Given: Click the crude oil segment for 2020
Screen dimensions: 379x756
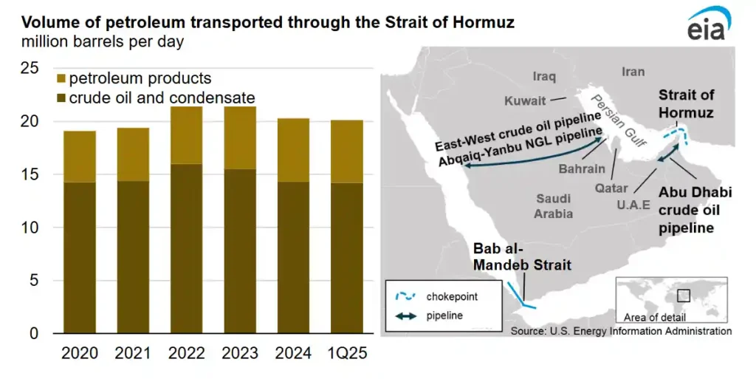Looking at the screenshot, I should tap(80, 258).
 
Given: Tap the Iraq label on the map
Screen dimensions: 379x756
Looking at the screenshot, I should tap(544, 76).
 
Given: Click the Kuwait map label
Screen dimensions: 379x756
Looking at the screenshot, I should tap(525, 100).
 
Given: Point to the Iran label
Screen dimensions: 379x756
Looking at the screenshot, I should tap(633, 72).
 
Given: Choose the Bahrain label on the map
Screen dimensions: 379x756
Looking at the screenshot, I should tap(582, 169).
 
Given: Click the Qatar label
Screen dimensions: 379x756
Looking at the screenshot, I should tap(612, 188).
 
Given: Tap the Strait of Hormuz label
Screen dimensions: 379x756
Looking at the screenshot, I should tap(686, 103).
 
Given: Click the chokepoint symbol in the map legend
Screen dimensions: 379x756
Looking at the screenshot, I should tap(407, 296).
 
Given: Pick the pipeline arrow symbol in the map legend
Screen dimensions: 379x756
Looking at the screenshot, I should tap(407, 315).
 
